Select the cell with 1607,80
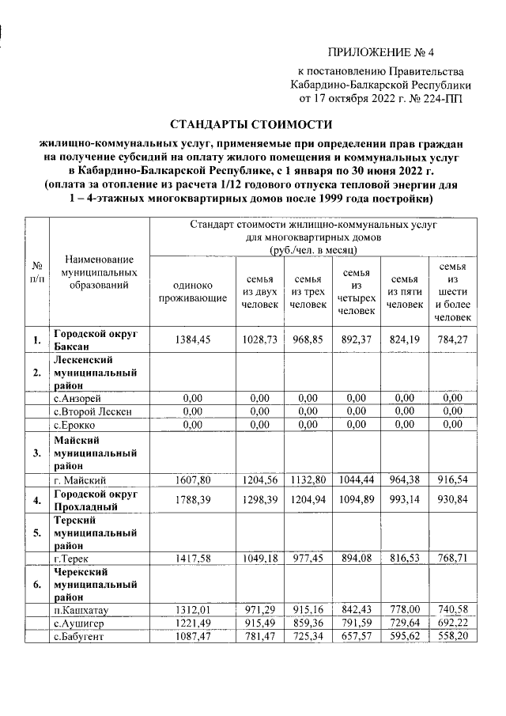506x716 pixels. (188, 479)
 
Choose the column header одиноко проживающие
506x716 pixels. (188, 294)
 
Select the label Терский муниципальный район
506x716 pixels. (95, 533)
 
